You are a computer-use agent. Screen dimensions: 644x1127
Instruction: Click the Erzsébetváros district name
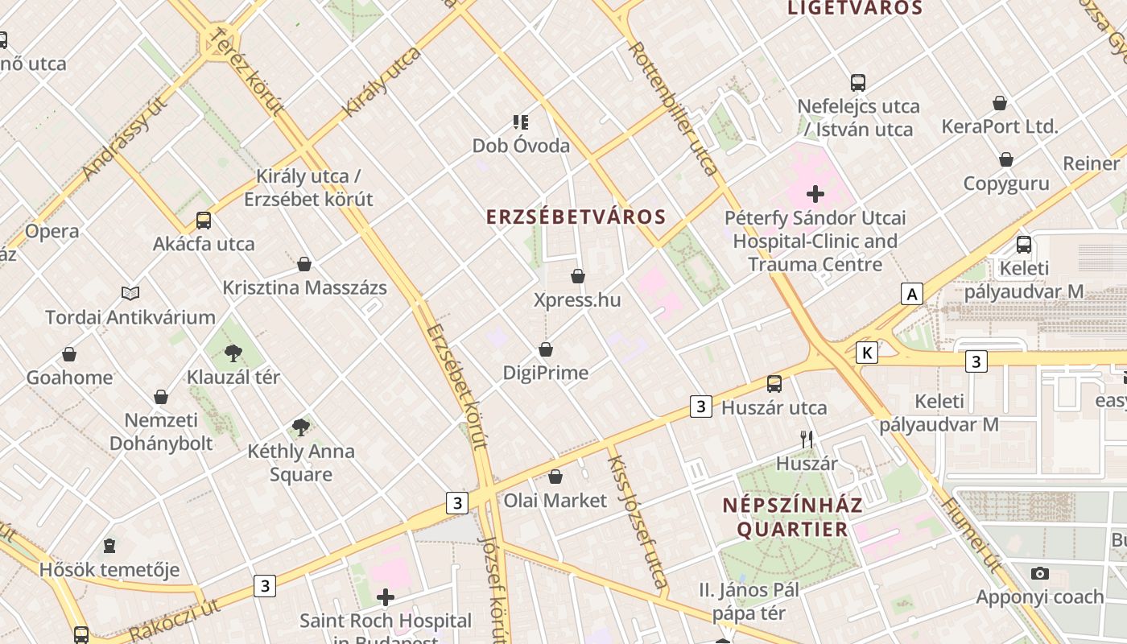(x=576, y=217)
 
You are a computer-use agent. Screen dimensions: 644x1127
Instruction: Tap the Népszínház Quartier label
(x=792, y=517)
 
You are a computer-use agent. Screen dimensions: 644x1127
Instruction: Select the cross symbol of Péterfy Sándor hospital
(x=815, y=194)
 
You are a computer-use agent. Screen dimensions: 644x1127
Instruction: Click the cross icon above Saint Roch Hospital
(x=386, y=597)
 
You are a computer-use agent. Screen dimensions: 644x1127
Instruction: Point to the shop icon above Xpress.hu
(x=578, y=277)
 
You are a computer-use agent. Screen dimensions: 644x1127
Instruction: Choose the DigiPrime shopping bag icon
(x=546, y=349)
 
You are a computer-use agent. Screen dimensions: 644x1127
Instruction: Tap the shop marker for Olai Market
(x=555, y=477)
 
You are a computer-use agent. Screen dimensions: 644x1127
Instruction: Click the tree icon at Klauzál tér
(x=233, y=353)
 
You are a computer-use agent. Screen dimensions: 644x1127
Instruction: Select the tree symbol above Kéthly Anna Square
(x=301, y=427)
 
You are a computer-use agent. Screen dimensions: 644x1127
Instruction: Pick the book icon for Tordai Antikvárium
(x=130, y=294)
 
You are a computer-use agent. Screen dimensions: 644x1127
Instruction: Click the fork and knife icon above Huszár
(x=807, y=440)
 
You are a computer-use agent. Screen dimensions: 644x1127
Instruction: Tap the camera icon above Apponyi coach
(x=1040, y=573)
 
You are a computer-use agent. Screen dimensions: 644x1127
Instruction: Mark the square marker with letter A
(x=912, y=294)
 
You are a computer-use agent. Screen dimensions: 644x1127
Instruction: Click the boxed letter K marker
(x=867, y=352)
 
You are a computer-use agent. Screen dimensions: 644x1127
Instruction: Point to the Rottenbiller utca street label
(x=673, y=109)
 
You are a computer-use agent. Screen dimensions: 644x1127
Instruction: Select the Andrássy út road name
(x=125, y=138)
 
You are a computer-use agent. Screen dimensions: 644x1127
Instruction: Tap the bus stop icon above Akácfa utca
(x=204, y=221)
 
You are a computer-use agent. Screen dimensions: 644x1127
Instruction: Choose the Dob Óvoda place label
(x=521, y=146)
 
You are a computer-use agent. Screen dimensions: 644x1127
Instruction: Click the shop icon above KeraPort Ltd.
(x=1000, y=103)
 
